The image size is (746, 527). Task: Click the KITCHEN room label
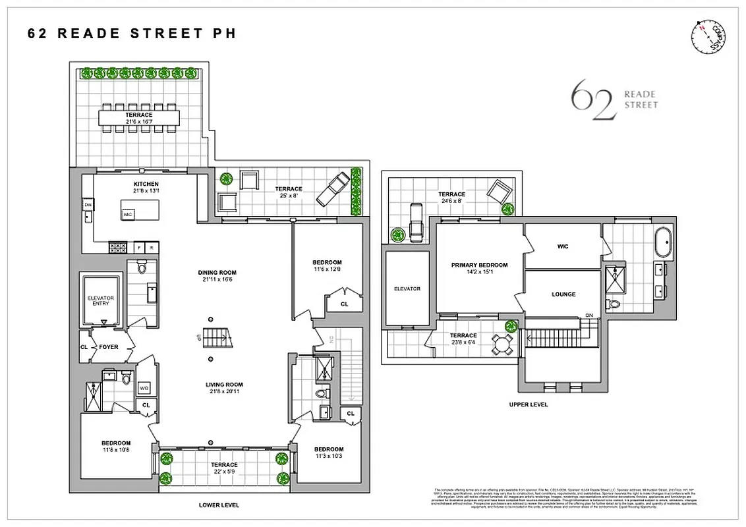pyautogui.click(x=146, y=184)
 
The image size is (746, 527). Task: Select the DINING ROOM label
pyautogui.click(x=217, y=273)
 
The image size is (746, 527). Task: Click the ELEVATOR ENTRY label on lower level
pyautogui.click(x=101, y=301)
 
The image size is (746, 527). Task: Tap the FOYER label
pyautogui.click(x=109, y=347)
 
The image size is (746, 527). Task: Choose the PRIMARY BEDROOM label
pyautogui.click(x=479, y=265)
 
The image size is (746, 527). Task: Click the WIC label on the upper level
pyautogui.click(x=562, y=247)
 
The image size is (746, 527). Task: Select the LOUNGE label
pyautogui.click(x=563, y=294)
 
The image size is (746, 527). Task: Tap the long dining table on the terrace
pyautogui.click(x=139, y=118)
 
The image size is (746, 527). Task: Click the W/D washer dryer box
pyautogui.click(x=144, y=388)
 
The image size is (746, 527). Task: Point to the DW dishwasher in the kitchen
pyautogui.click(x=88, y=206)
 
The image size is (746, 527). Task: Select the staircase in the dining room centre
pyautogui.click(x=217, y=338)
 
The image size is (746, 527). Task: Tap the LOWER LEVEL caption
pyautogui.click(x=219, y=505)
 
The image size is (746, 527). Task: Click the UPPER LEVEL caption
pyautogui.click(x=529, y=404)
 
